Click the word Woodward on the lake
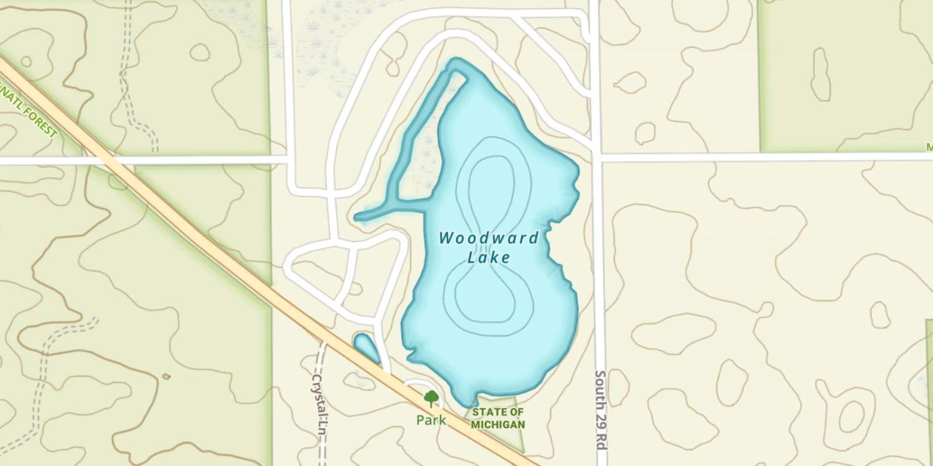coord(488,238)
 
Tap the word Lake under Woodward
coord(488,257)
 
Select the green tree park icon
coord(431,398)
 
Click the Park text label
coord(431,421)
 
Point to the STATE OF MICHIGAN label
coord(498,418)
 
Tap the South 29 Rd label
coord(601,411)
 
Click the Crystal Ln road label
coord(320,407)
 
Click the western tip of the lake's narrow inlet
coord(358,217)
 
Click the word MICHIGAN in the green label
coord(498,425)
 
